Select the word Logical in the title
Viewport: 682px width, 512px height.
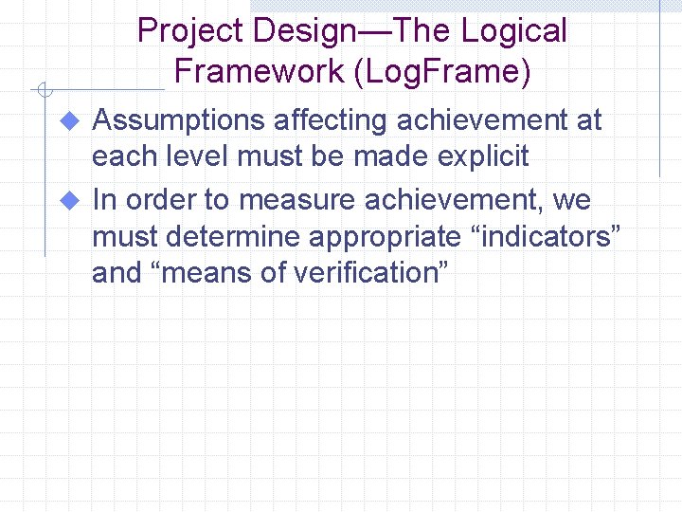click(513, 31)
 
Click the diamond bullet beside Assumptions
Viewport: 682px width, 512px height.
click(68, 121)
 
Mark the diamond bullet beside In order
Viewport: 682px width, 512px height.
click(68, 201)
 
